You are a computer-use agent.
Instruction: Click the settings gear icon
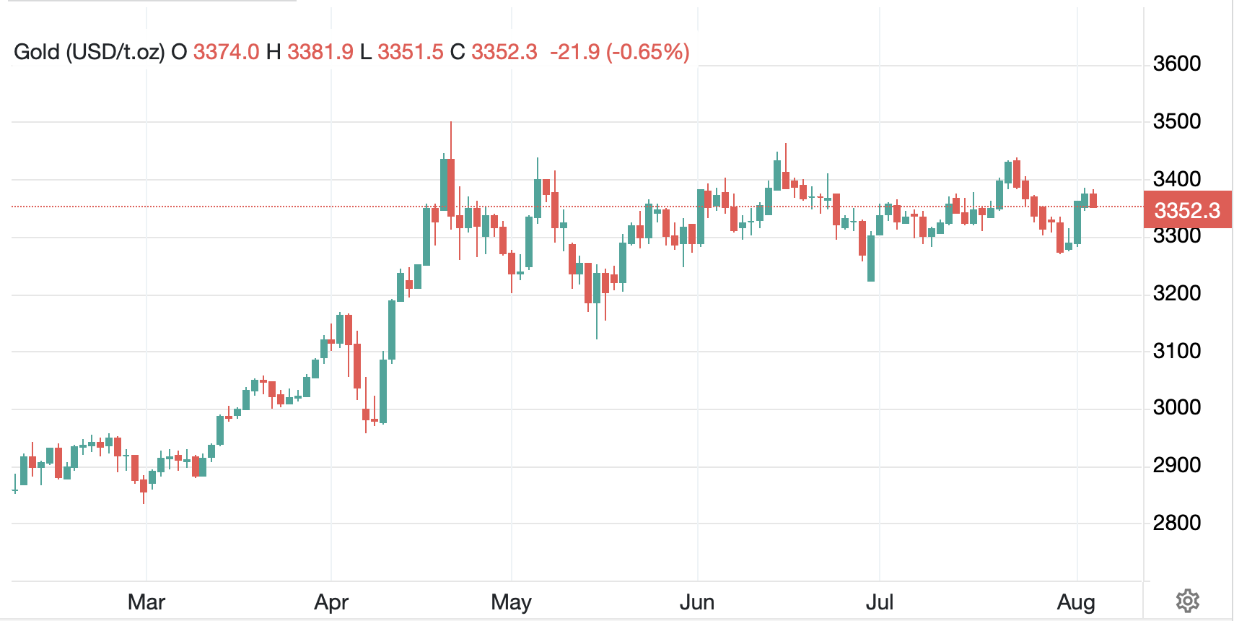pos(1187,601)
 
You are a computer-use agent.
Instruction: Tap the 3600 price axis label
pos(1177,64)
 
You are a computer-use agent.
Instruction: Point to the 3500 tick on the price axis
pos(1177,121)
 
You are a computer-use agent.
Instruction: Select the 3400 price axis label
pos(1177,178)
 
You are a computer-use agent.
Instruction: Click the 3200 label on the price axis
pos(1177,293)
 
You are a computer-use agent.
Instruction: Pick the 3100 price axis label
pos(1177,351)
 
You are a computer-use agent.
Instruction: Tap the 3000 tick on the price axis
pos(1177,407)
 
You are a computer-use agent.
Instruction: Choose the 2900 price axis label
pos(1177,465)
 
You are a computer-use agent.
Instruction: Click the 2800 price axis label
pos(1177,523)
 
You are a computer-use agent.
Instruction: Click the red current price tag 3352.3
pos(1187,210)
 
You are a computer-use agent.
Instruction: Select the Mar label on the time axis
pos(146,602)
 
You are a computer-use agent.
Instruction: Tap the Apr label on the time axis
pos(331,602)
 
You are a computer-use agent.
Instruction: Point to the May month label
pos(511,602)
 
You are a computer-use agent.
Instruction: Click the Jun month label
pos(697,602)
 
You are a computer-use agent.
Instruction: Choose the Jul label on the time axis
pos(880,602)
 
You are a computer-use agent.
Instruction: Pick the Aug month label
pos(1076,602)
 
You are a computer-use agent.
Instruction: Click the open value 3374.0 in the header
pos(226,52)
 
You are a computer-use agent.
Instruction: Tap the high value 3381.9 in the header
pos(320,52)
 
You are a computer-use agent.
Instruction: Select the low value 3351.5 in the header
pos(411,52)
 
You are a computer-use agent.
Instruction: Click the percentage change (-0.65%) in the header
pos(648,52)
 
